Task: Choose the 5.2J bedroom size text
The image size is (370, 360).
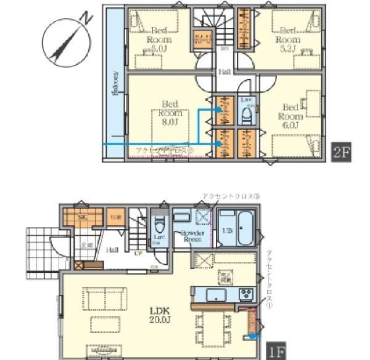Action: coord(288,48)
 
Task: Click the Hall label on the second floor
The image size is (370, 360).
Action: coord(224,73)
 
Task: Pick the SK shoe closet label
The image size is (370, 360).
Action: coord(82,217)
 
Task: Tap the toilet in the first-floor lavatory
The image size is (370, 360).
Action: coord(159,225)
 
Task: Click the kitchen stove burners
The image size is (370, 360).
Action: coord(245,293)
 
